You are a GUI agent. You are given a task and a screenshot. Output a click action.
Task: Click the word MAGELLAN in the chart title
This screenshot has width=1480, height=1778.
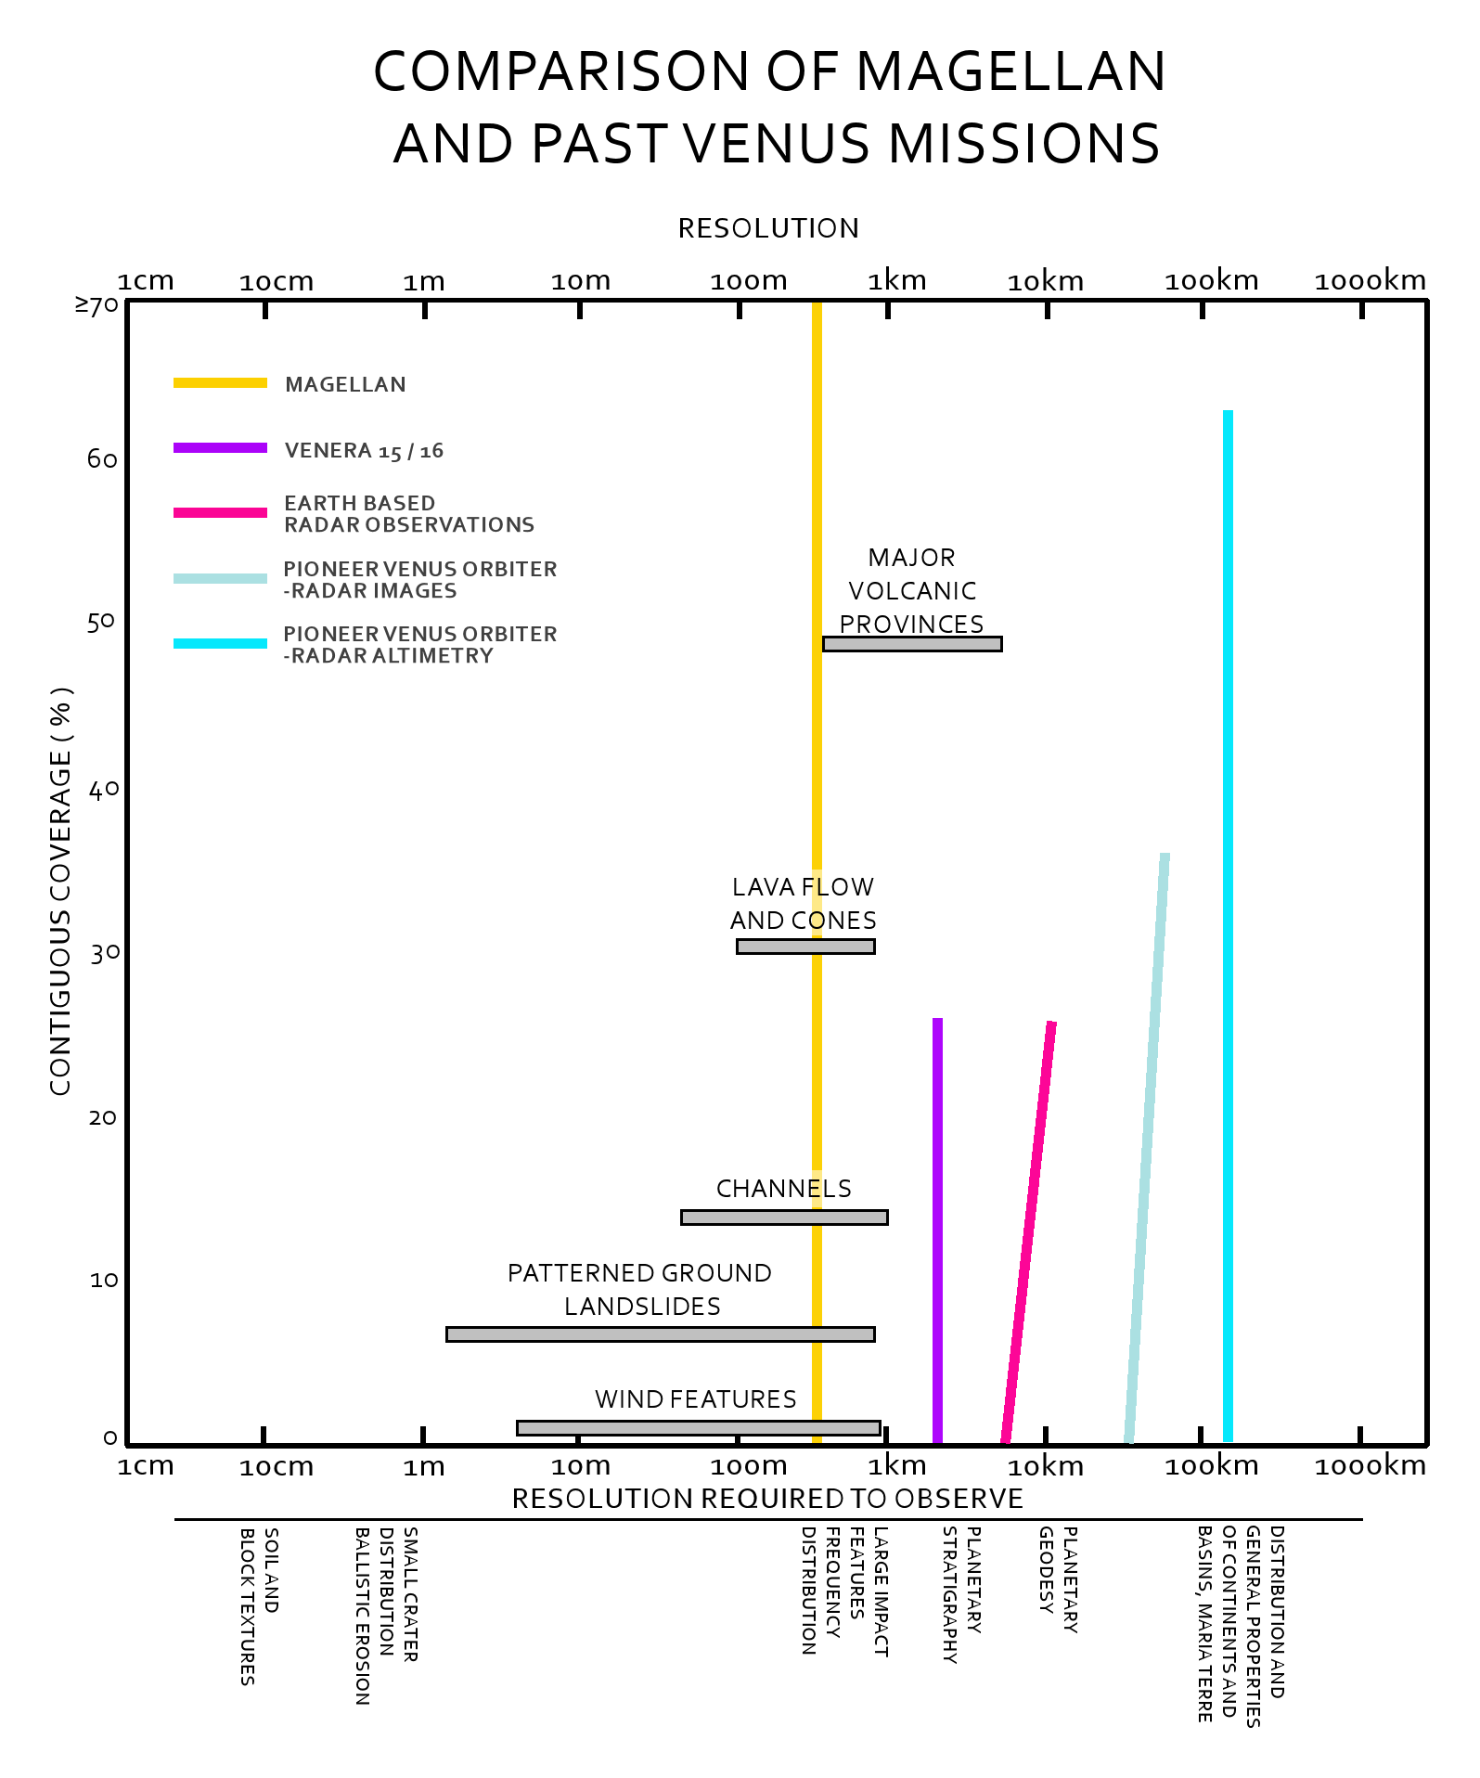(1010, 71)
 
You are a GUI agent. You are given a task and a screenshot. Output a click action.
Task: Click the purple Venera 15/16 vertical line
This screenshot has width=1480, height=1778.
(937, 1225)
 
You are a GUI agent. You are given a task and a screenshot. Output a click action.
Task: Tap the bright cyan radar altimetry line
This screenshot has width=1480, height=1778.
(1228, 928)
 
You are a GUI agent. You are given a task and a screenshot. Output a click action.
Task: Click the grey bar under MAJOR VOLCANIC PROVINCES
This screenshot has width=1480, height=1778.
(912, 644)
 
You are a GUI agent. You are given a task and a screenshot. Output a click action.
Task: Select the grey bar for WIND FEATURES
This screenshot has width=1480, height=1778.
(698, 1427)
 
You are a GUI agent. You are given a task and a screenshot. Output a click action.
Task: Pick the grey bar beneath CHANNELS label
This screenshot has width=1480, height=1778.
(784, 1217)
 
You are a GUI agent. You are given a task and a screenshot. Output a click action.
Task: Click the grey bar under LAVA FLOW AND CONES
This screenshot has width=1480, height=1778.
(805, 947)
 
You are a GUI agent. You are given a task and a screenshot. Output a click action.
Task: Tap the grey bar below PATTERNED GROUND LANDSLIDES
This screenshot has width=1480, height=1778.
(660, 1333)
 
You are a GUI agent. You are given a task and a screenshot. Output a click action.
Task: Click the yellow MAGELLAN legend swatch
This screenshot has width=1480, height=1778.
(220, 383)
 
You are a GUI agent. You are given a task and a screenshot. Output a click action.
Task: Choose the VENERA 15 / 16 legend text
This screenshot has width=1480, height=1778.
(364, 451)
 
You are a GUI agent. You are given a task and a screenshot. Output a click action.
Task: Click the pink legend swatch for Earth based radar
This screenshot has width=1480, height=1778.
(220, 512)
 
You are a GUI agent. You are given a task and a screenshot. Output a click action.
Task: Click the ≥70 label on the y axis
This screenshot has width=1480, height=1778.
(97, 304)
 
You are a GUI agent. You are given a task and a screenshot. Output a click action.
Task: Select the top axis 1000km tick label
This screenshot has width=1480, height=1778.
(1370, 280)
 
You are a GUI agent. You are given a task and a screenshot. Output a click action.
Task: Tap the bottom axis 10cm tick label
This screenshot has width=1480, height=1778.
(277, 1467)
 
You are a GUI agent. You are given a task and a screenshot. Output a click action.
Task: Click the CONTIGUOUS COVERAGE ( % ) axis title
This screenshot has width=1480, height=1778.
(60, 891)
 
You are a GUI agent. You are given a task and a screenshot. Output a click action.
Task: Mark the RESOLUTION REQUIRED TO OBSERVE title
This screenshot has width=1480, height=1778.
(767, 1498)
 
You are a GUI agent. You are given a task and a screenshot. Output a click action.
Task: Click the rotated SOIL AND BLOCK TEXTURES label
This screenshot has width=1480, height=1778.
(259, 1605)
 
